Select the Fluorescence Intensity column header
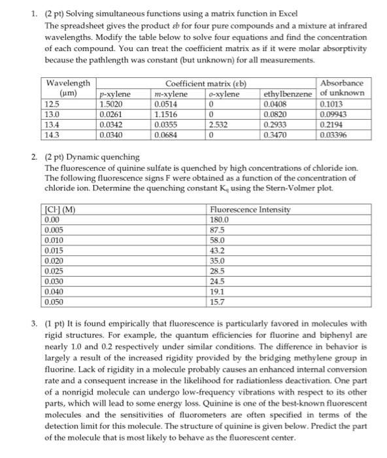[x=246, y=209]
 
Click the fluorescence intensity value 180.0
[x=220, y=219]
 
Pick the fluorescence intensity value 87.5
[x=218, y=230]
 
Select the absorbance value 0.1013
[x=331, y=103]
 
